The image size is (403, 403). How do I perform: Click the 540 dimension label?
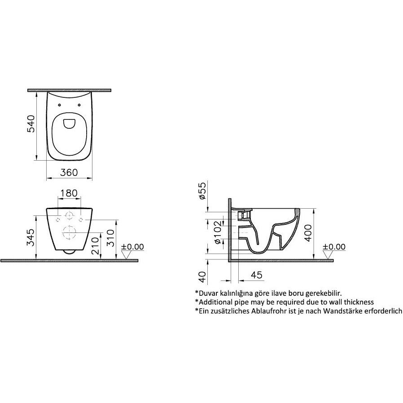(x=31, y=124)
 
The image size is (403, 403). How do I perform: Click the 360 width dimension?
(x=69, y=172)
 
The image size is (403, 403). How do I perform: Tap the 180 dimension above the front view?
(x=69, y=193)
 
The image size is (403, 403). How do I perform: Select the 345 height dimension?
(x=31, y=237)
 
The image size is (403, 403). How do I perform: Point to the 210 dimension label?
(x=95, y=246)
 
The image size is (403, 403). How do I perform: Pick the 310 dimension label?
(x=110, y=238)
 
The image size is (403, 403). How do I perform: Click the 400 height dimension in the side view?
(x=308, y=233)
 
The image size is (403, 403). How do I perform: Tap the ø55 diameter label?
(x=202, y=190)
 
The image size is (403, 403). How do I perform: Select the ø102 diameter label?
(x=218, y=232)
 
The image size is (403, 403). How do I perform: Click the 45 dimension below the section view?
(x=257, y=275)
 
